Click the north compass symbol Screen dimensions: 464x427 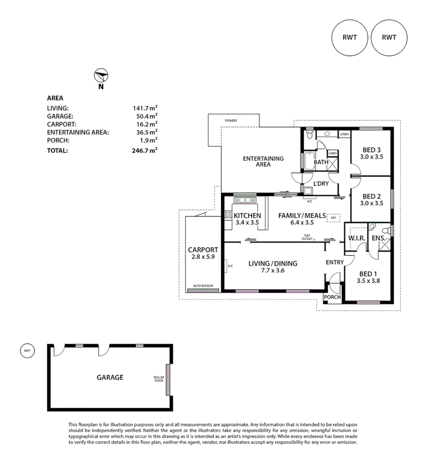click(101, 76)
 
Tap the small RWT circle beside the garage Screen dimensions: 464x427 click(27, 351)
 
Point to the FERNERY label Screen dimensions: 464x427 click(231, 121)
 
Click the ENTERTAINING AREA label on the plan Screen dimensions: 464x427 click(263, 161)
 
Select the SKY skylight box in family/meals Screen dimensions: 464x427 click(333, 218)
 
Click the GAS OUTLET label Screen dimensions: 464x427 click(307, 237)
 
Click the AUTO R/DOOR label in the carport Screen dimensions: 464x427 click(203, 286)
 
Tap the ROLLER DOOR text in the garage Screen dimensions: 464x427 click(159, 379)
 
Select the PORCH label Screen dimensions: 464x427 click(332, 297)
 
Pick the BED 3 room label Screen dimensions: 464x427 click(372, 150)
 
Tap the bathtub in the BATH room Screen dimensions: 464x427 click(308, 162)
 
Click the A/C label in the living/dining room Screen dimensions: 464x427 click(230, 266)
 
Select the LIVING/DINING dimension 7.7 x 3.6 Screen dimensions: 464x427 click(273, 271)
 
